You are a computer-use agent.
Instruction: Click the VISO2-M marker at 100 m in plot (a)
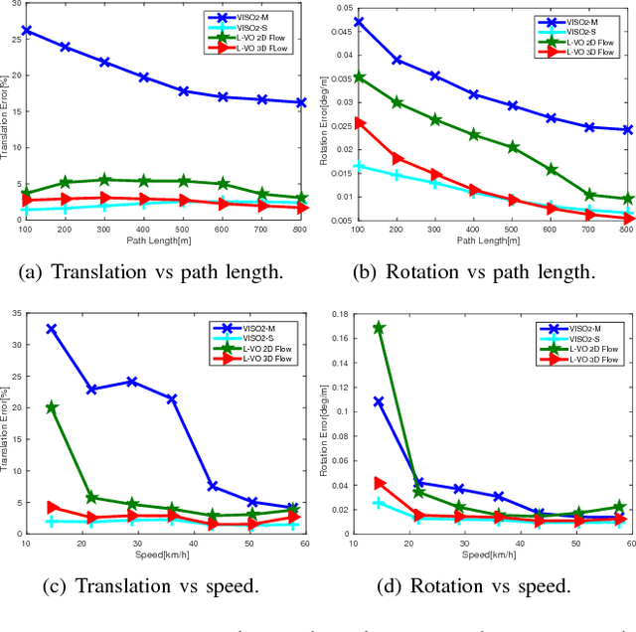pos(27,31)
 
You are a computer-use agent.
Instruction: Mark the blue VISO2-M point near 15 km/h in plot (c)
pos(52,329)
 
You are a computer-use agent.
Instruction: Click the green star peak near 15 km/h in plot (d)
pos(379,327)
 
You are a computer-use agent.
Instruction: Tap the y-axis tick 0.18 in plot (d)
pos(339,314)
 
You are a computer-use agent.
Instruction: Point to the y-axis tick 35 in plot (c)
pos(17,314)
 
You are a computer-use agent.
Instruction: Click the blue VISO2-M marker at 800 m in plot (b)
pos(627,129)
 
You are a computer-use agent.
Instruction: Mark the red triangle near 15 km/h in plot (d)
pos(379,483)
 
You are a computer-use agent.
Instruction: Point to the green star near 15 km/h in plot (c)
pos(52,407)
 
